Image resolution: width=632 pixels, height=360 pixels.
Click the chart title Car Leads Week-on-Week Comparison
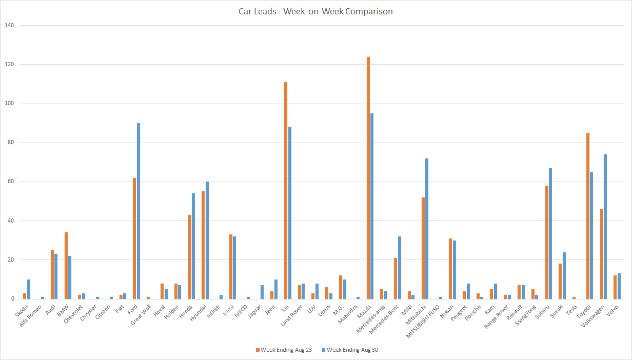pos(316,11)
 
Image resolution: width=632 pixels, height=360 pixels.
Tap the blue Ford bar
pos(139,211)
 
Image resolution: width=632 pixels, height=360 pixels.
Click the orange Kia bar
pos(286,190)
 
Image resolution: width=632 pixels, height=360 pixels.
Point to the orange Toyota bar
pos(588,216)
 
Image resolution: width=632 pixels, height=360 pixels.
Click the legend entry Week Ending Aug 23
pos(284,350)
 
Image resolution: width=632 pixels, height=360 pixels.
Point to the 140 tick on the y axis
pos(9,25)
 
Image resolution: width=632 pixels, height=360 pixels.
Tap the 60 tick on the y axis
pos(10,182)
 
